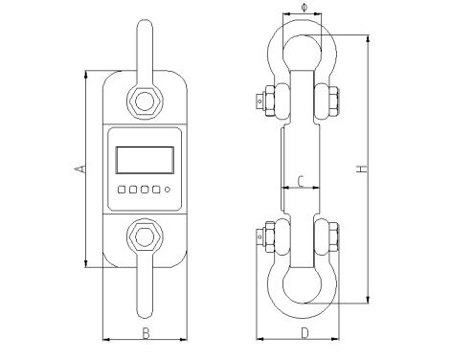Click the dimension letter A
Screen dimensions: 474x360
pyautogui.click(x=80, y=169)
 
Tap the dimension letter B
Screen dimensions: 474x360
pyautogui.click(x=146, y=333)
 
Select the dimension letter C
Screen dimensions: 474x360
pyautogui.click(x=301, y=181)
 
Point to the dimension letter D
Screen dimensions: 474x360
pyautogui.click(x=305, y=333)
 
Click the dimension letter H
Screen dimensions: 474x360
pyautogui.click(x=362, y=169)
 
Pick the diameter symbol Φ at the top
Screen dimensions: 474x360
pyautogui.click(x=304, y=7)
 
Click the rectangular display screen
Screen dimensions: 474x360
pyautogui.click(x=145, y=160)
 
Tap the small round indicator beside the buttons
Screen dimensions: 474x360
pyautogui.click(x=167, y=190)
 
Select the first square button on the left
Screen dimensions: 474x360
pyautogui.click(x=122, y=190)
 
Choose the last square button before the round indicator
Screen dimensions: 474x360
pyautogui.click(x=156, y=190)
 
